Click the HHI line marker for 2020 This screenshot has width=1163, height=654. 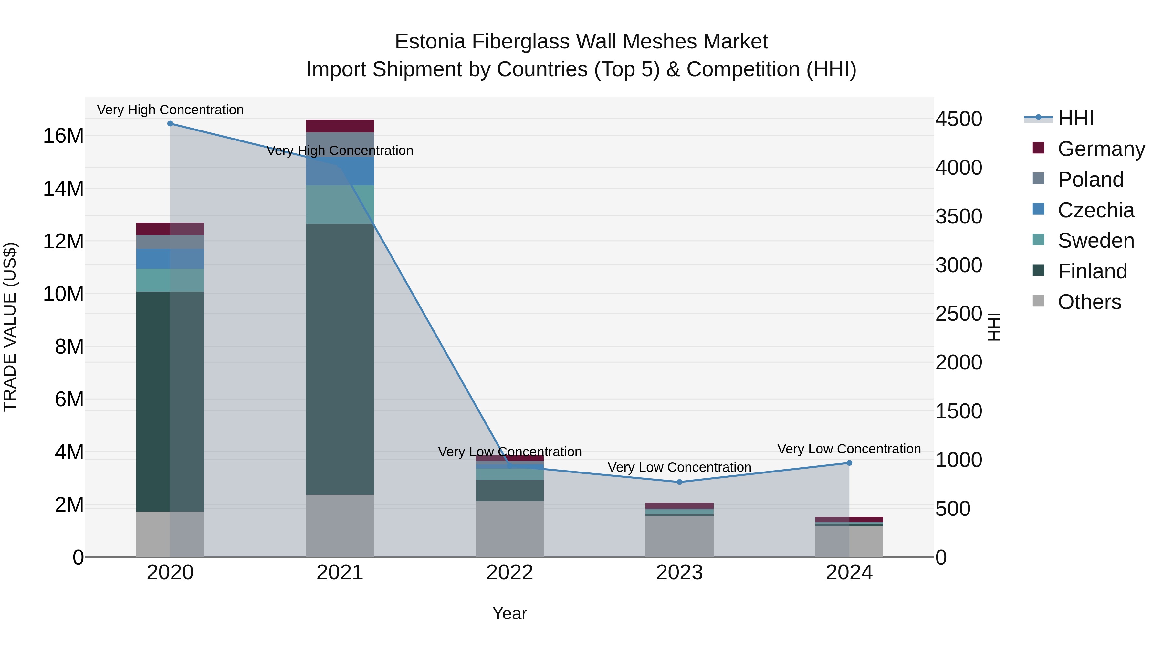(x=170, y=124)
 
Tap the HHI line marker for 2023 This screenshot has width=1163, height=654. (x=679, y=482)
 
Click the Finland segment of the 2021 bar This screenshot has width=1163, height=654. (x=340, y=359)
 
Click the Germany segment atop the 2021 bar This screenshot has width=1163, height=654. (x=340, y=126)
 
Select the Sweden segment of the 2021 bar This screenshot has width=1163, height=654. (x=340, y=204)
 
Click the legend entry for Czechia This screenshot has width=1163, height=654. (x=1096, y=210)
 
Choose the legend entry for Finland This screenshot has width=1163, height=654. (x=1092, y=271)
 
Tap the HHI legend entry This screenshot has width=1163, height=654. (x=1075, y=118)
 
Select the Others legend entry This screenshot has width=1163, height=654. (x=1089, y=302)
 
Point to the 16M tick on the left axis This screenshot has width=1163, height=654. (x=63, y=136)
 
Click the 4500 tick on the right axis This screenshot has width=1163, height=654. (x=959, y=119)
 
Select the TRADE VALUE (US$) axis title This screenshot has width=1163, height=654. (x=10, y=327)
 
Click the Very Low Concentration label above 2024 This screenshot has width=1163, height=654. (x=849, y=449)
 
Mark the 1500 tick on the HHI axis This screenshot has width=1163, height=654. (x=959, y=411)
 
